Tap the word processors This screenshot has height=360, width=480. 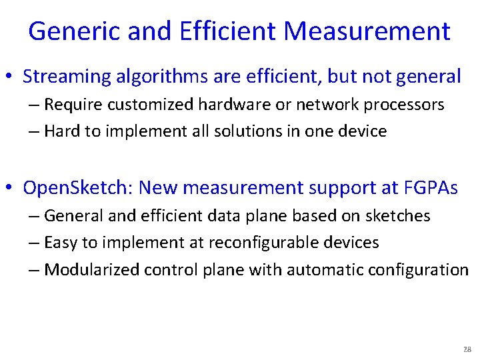coord(400,105)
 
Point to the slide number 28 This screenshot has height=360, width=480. coord(467,349)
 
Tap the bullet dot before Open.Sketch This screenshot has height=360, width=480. coord(13,189)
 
